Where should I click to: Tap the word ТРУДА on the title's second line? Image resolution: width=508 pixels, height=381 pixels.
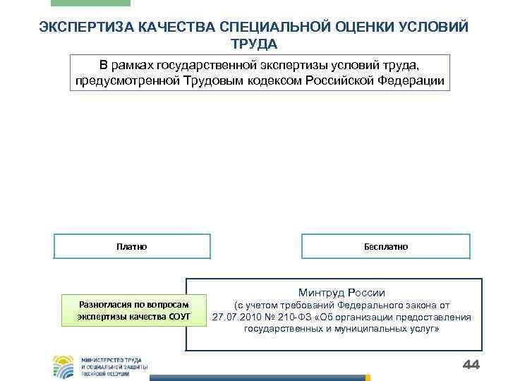click(254, 44)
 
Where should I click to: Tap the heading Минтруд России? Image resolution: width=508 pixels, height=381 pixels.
click(341, 292)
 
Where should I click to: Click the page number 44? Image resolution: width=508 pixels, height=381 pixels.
click(469, 364)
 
